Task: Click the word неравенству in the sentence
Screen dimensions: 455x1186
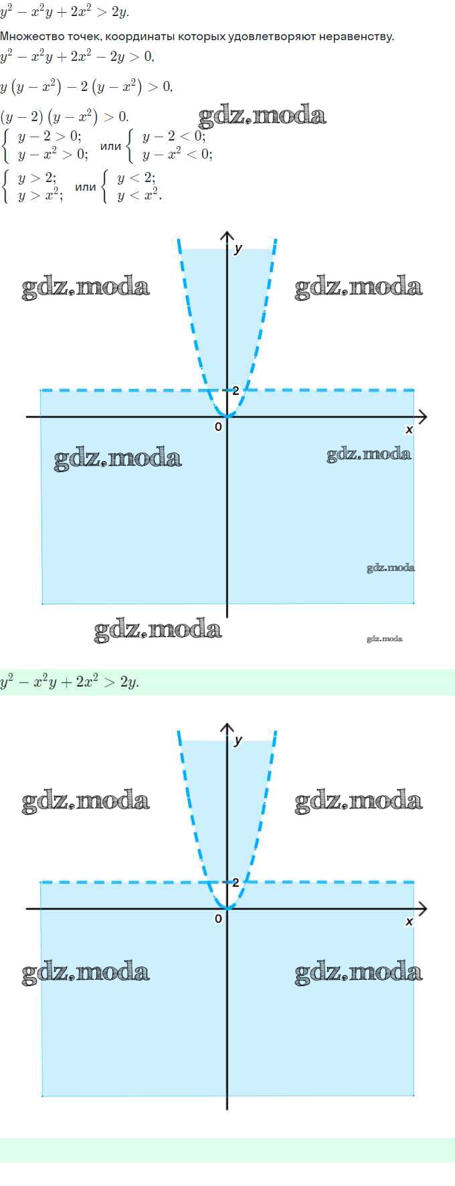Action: coord(362,36)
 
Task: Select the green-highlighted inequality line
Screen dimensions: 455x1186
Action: coord(70,682)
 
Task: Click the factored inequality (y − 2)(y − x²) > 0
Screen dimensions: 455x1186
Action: coord(64,116)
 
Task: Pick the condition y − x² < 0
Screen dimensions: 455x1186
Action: coord(177,155)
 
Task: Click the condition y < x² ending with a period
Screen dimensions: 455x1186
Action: coord(140,195)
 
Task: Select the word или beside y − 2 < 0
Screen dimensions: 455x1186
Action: coord(110,146)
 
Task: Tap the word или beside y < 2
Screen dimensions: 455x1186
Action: coord(86,187)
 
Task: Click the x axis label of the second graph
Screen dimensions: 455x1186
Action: coord(409,922)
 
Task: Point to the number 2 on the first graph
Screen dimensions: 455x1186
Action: coord(236,391)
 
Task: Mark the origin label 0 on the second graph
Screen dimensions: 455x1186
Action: coord(218,919)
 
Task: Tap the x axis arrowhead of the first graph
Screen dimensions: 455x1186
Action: coord(422,417)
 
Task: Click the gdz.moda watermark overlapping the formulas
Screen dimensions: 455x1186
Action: coord(262,116)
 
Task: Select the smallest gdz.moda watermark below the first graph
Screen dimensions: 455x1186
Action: coord(385,639)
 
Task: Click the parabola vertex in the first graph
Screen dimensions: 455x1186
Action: coord(227,416)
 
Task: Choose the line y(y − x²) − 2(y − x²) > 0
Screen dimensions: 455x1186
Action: coord(86,86)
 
